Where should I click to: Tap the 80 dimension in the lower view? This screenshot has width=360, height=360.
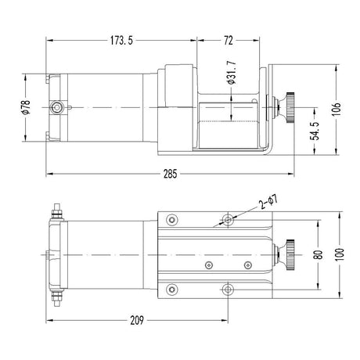(x=317, y=254)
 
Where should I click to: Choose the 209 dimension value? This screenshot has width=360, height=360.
(x=138, y=319)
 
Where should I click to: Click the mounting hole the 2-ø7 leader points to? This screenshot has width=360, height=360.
(x=228, y=218)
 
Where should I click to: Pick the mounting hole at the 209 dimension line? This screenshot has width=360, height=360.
(x=228, y=290)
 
